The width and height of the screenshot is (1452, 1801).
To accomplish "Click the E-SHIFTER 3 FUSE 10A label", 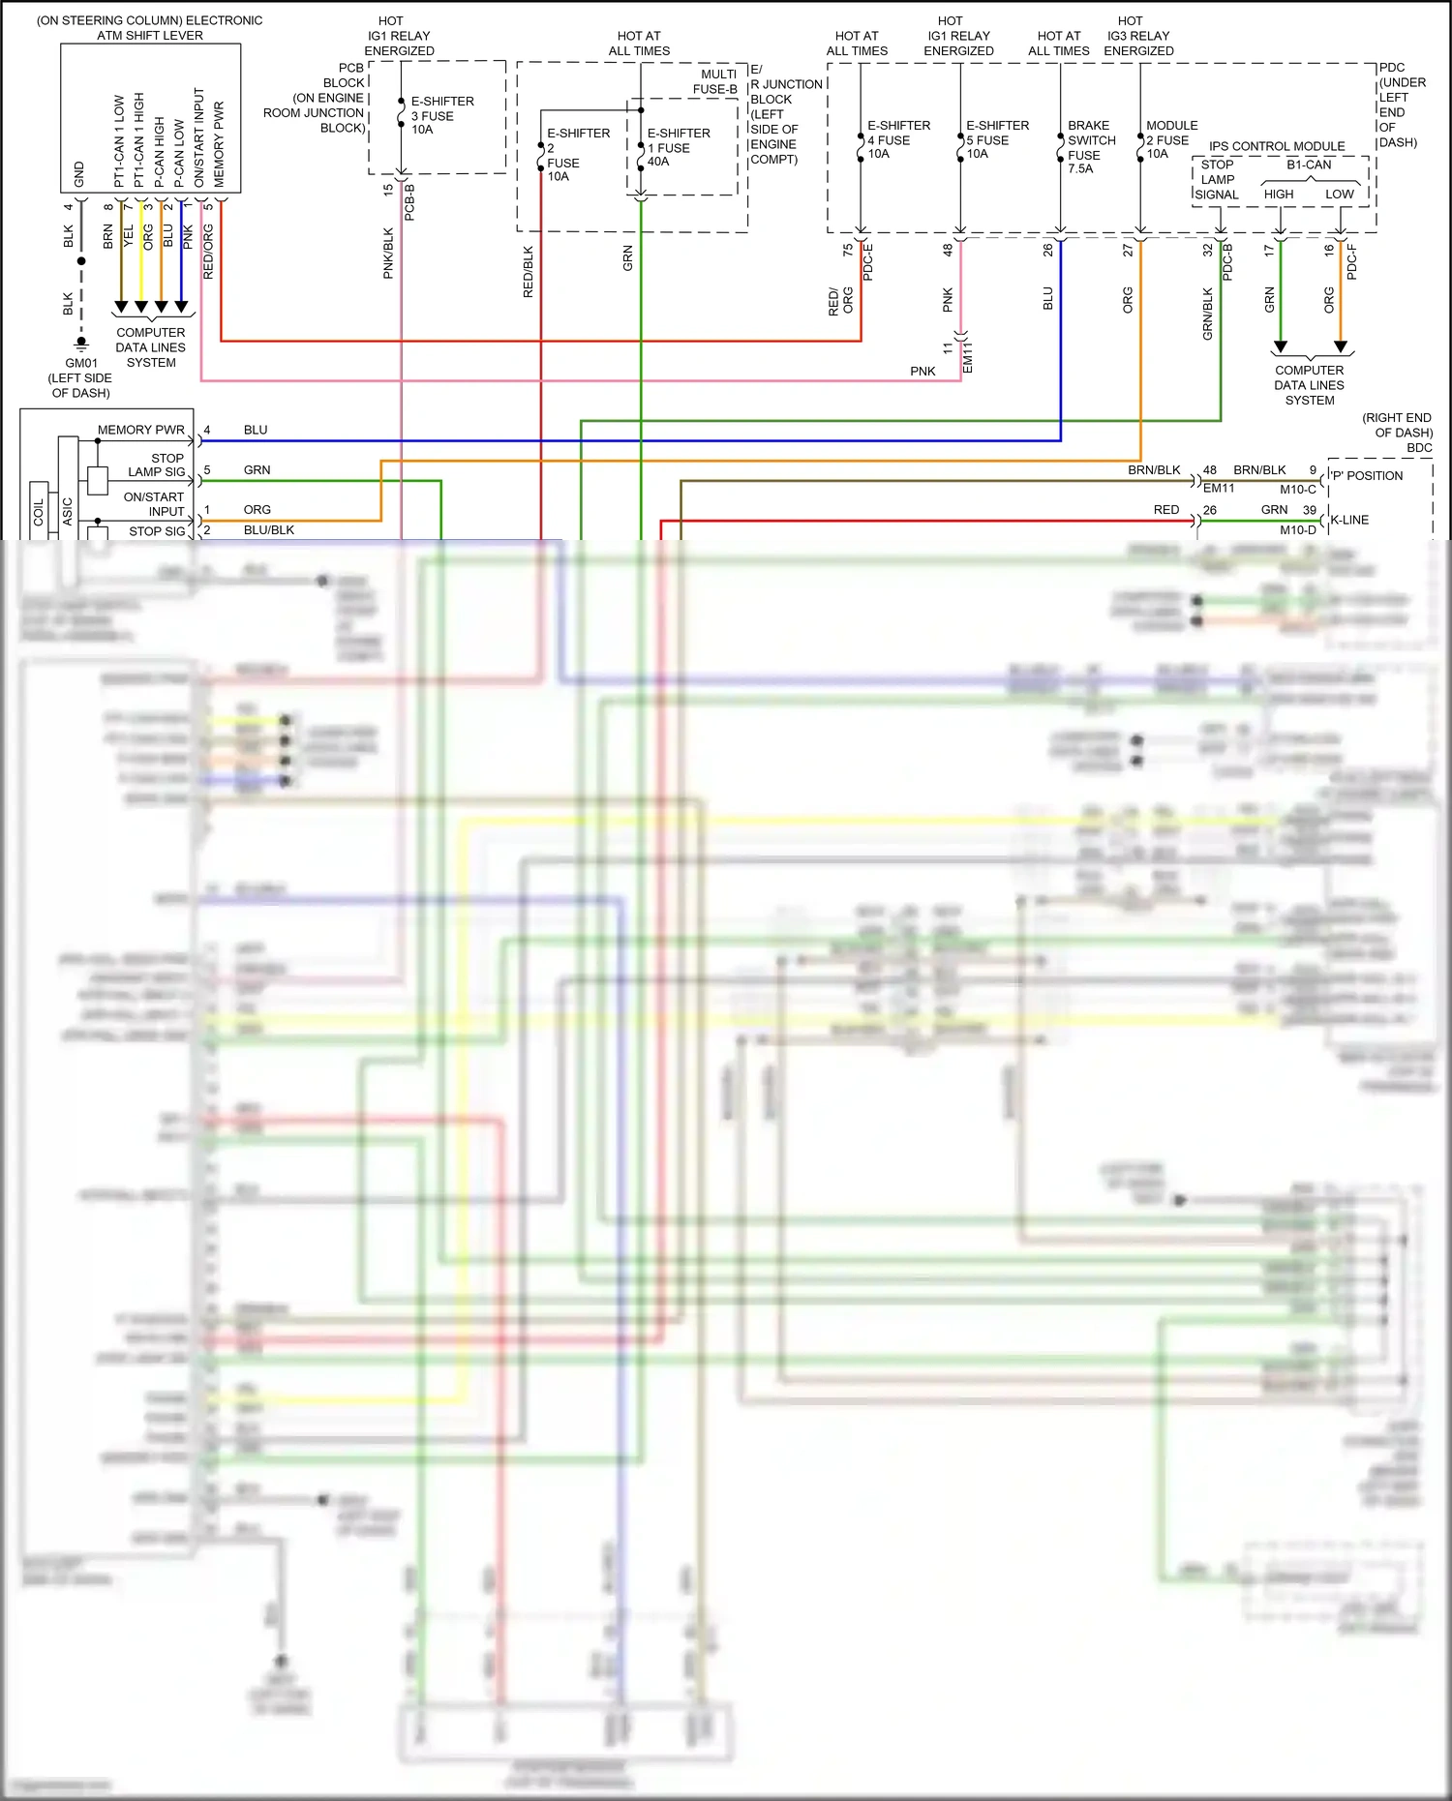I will [x=440, y=115].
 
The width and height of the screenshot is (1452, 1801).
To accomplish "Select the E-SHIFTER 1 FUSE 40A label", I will [x=677, y=147].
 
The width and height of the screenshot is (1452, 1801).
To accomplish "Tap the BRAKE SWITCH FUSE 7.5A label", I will [x=1090, y=147].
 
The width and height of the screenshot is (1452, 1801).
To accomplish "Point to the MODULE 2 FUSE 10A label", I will [x=1170, y=139].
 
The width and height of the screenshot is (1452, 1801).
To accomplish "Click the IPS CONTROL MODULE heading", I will [x=1276, y=146].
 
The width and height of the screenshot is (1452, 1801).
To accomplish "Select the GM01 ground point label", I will [x=81, y=363].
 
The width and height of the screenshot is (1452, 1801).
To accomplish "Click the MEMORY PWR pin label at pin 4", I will [x=140, y=430].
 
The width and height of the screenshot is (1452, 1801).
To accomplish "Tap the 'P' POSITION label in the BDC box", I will [x=1366, y=476].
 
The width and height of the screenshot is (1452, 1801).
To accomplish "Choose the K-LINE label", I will [x=1348, y=520].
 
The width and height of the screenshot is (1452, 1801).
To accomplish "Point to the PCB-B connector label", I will [x=409, y=202].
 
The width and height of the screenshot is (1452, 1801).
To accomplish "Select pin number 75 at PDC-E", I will [x=848, y=250].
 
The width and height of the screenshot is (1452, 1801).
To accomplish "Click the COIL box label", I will [x=39, y=511].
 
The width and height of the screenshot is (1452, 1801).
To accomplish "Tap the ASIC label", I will [x=67, y=511].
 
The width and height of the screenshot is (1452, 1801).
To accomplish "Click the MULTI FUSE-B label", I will [x=716, y=81].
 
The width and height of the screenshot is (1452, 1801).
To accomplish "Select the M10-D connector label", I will [x=1297, y=530].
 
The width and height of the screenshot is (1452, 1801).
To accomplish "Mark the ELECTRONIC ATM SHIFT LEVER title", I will [x=150, y=27].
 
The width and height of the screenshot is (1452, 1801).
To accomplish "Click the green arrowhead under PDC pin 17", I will [x=1280, y=346].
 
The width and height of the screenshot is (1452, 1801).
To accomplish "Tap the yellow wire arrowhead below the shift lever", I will [x=141, y=308].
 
